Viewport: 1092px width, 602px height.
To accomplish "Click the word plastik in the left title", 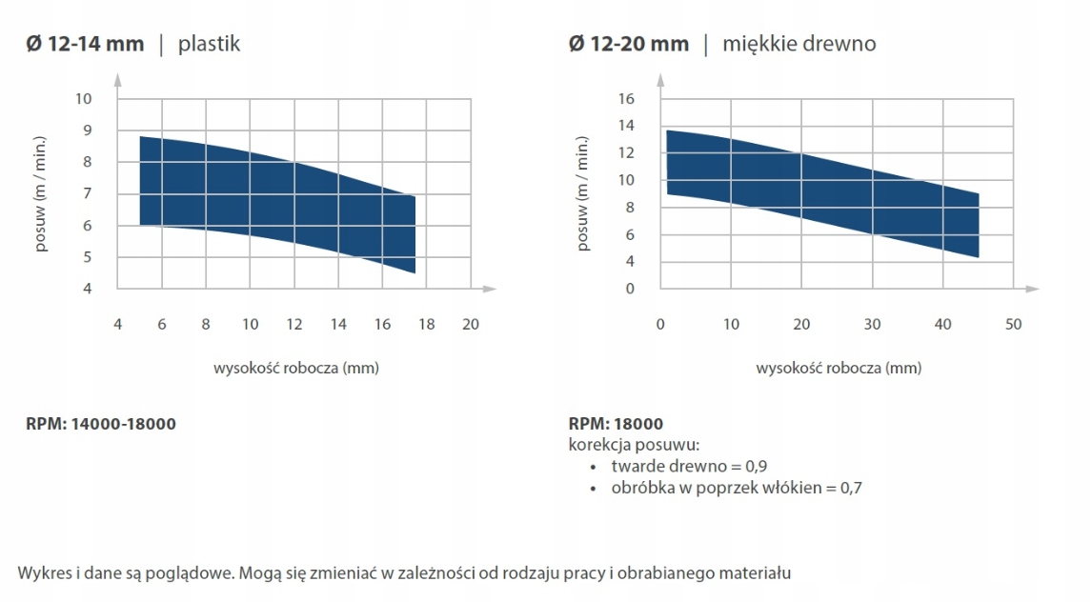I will (x=209, y=44).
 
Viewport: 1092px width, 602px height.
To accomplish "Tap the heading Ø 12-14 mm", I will (x=85, y=44).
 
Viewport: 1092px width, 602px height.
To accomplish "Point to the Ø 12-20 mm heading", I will (x=629, y=44).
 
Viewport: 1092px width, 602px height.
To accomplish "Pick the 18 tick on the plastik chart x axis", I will (x=426, y=324).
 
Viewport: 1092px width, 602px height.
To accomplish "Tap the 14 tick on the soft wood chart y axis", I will (x=626, y=126).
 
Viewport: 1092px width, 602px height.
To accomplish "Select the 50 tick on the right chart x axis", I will (x=1013, y=324).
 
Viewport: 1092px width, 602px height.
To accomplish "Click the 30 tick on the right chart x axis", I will (x=872, y=324).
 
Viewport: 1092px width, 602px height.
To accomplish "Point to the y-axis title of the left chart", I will (x=42, y=193).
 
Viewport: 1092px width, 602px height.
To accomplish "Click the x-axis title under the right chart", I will (x=839, y=368).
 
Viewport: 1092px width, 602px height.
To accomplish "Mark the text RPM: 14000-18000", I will (x=100, y=424).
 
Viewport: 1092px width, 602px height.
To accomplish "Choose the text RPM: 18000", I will (x=616, y=424).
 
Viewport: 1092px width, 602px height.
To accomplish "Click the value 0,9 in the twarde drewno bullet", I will (x=756, y=467).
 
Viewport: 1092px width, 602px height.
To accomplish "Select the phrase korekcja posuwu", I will (x=633, y=445).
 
